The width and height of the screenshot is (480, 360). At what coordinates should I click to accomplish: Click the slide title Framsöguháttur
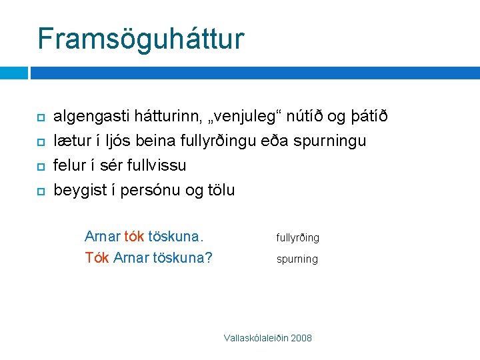click(x=141, y=39)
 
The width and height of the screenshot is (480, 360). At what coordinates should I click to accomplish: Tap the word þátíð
click(x=368, y=117)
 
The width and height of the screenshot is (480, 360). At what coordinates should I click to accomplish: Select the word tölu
click(x=220, y=189)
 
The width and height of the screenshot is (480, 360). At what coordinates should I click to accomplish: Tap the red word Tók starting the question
click(x=97, y=257)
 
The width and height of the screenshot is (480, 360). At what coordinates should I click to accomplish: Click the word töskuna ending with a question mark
click(x=180, y=257)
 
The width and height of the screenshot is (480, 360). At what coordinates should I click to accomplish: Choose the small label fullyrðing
click(x=298, y=238)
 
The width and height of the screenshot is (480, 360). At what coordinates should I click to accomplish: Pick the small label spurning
click(x=297, y=259)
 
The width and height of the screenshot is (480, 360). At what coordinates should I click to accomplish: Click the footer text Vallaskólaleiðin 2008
click(x=268, y=338)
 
